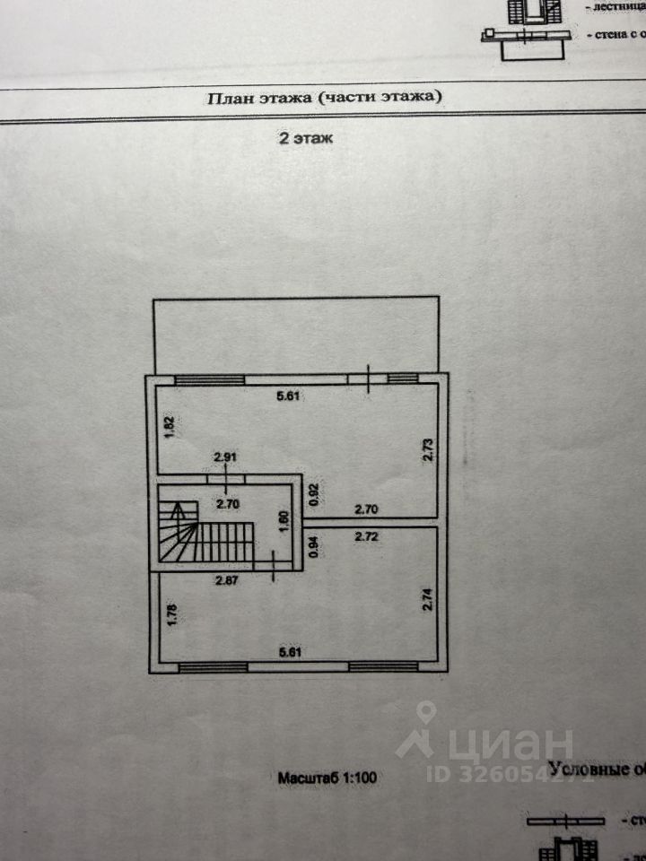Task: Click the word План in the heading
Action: point(231,98)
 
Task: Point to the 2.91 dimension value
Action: point(226,457)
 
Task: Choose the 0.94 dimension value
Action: point(314,547)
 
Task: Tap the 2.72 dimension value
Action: point(371,537)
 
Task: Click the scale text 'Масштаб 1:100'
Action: point(326,778)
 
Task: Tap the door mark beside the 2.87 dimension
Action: point(274,564)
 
